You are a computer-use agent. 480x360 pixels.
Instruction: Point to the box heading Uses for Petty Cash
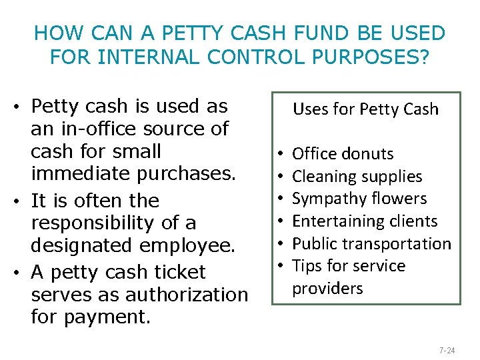[x=366, y=109]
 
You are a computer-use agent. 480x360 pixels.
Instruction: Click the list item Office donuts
[x=343, y=154]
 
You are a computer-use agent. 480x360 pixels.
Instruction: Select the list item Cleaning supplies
[x=357, y=177]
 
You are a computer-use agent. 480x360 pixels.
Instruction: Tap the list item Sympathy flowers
[x=359, y=199]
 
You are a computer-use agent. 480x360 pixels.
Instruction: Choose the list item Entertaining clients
[x=365, y=221]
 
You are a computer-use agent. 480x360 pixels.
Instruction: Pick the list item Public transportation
[x=371, y=244]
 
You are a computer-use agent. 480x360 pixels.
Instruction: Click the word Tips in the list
[x=307, y=266]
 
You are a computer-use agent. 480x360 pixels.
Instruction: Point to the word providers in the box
[x=328, y=289]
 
